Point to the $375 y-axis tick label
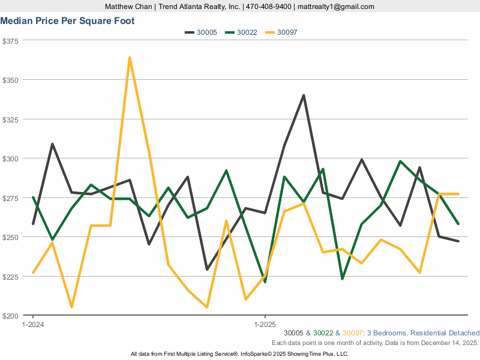(x=11, y=41)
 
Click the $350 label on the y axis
(x=11, y=80)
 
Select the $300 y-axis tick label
(x=11, y=158)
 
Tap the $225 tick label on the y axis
(x=11, y=277)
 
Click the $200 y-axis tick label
(x=11, y=316)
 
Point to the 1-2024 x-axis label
(x=32, y=325)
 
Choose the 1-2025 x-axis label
(x=265, y=325)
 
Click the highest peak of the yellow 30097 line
(x=130, y=58)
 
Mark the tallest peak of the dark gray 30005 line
(x=304, y=95)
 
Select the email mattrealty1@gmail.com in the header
(x=336, y=7)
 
